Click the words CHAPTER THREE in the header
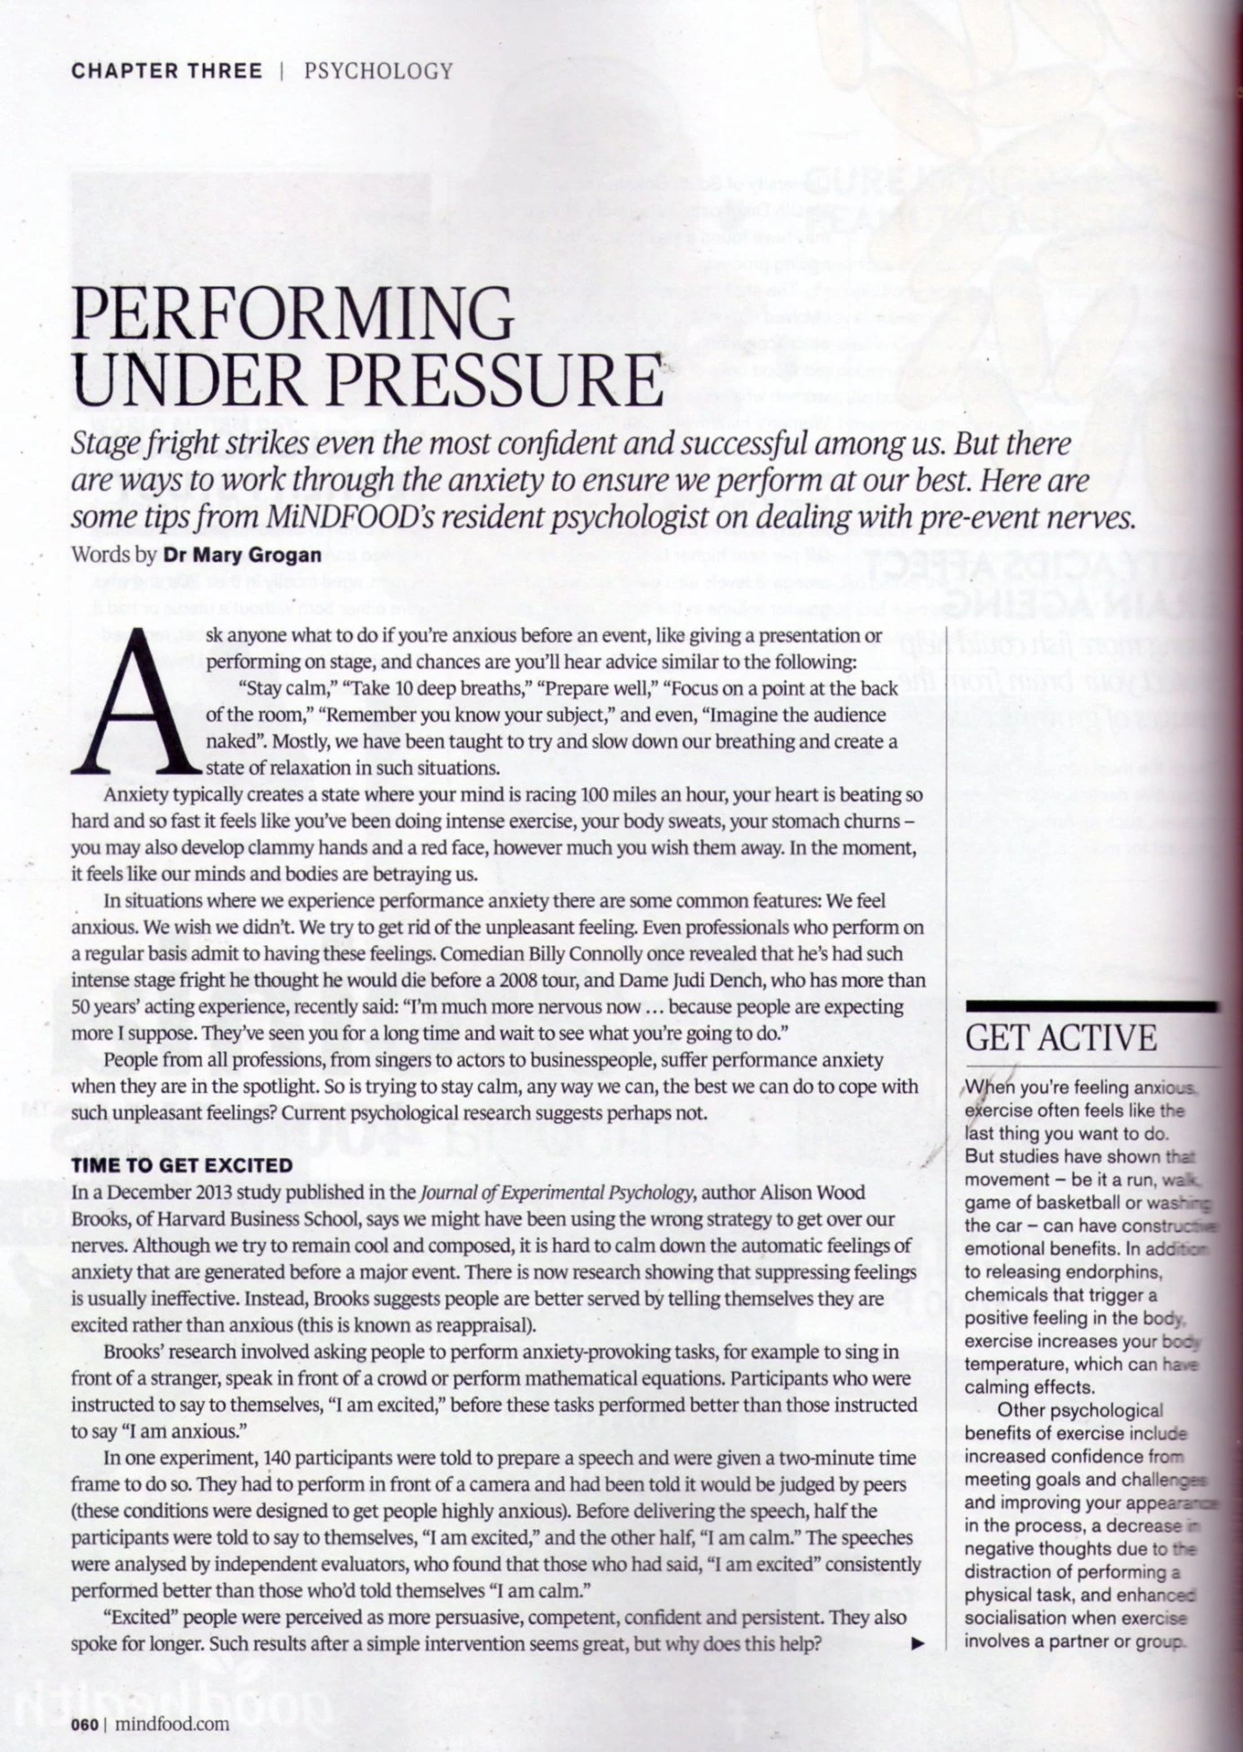[166, 72]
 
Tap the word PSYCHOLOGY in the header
[378, 72]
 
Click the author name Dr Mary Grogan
[242, 554]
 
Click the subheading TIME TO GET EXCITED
[182, 1165]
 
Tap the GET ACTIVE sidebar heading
[1061, 1038]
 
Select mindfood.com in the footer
[172, 1724]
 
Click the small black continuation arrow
[918, 1644]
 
